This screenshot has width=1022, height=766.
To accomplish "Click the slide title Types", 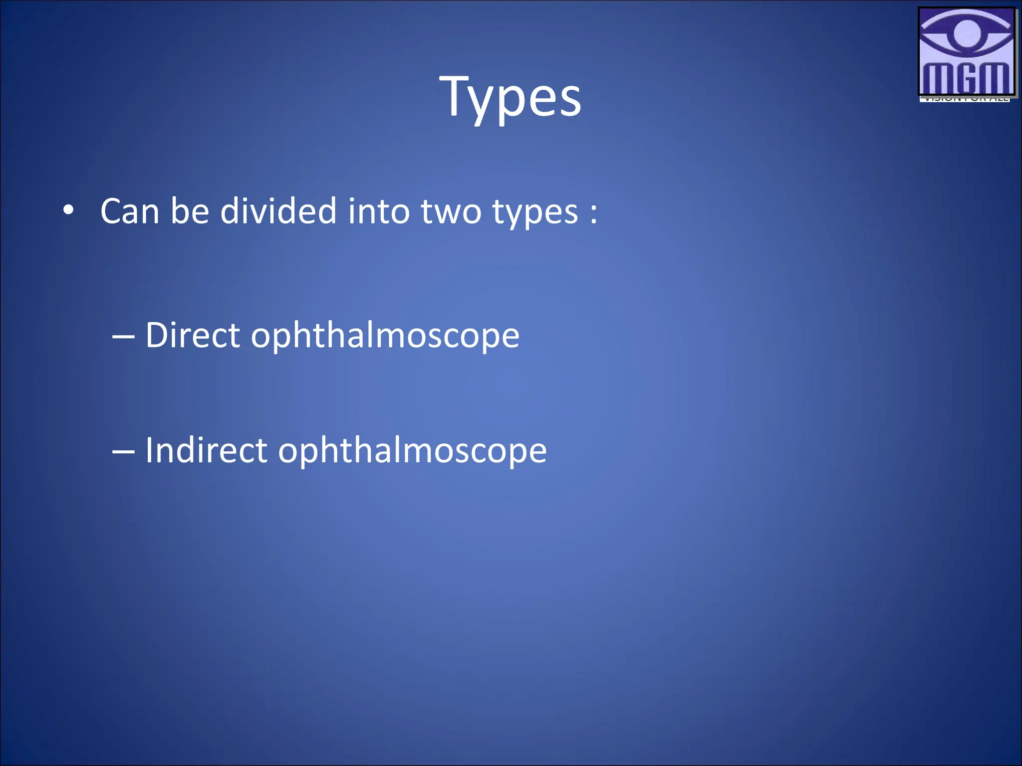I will (510, 97).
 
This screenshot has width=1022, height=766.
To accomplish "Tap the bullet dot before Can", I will (68, 210).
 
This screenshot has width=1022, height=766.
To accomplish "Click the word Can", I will (130, 211).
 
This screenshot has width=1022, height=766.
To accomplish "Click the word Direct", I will (193, 335).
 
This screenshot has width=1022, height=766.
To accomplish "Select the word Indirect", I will (206, 450).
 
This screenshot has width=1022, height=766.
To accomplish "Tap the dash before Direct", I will (123, 337).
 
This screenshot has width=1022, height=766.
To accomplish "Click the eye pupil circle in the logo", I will (967, 33).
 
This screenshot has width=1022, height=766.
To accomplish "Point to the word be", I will (190, 211).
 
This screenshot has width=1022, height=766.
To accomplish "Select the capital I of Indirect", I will (149, 450).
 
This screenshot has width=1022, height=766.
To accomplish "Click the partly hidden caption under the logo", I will (964, 99).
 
